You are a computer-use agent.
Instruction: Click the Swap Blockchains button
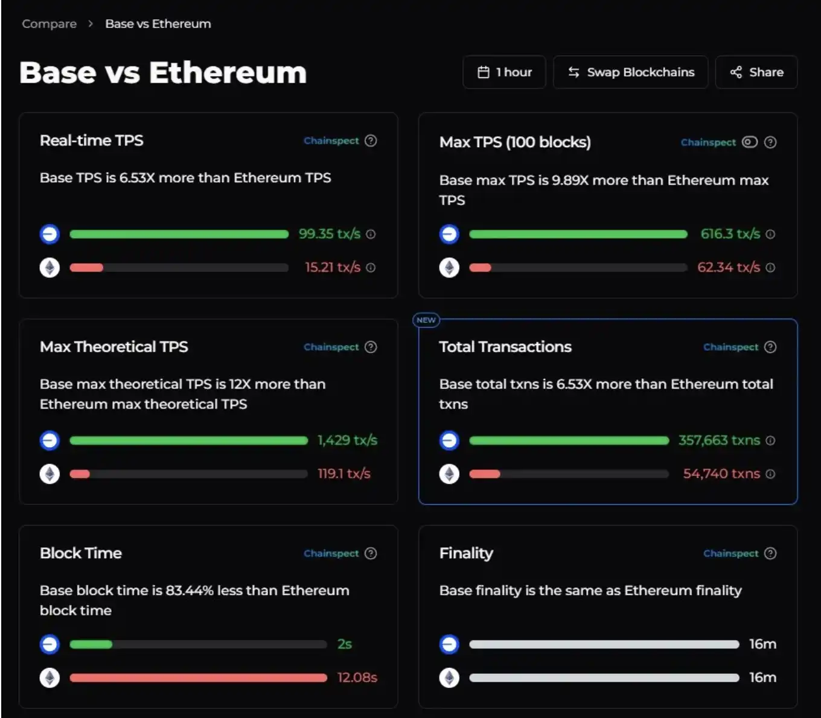click(x=630, y=72)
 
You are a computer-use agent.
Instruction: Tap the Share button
click(x=756, y=72)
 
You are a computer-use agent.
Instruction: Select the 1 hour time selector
click(x=504, y=72)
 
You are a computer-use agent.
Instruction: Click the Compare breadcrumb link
click(x=50, y=24)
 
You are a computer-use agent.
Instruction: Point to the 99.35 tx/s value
click(x=329, y=234)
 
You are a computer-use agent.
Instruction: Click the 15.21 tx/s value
click(x=332, y=267)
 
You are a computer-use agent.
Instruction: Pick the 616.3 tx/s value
click(x=730, y=234)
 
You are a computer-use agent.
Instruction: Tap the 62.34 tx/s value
click(x=728, y=267)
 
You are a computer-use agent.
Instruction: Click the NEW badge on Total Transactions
click(x=426, y=320)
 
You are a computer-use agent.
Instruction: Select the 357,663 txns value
click(x=719, y=440)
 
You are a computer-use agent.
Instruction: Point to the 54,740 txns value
click(x=721, y=474)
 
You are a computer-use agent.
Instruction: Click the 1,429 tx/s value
click(x=347, y=440)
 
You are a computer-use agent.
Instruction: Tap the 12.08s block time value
click(x=357, y=678)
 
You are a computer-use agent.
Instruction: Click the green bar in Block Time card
click(x=91, y=644)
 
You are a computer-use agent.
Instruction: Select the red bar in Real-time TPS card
click(x=86, y=267)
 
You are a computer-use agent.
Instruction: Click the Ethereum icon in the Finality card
click(x=449, y=678)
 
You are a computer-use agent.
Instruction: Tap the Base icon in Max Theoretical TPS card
click(x=50, y=440)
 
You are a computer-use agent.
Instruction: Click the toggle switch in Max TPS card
click(x=750, y=142)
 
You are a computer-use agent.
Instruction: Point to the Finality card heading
click(x=466, y=553)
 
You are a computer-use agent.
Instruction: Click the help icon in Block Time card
click(x=371, y=553)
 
